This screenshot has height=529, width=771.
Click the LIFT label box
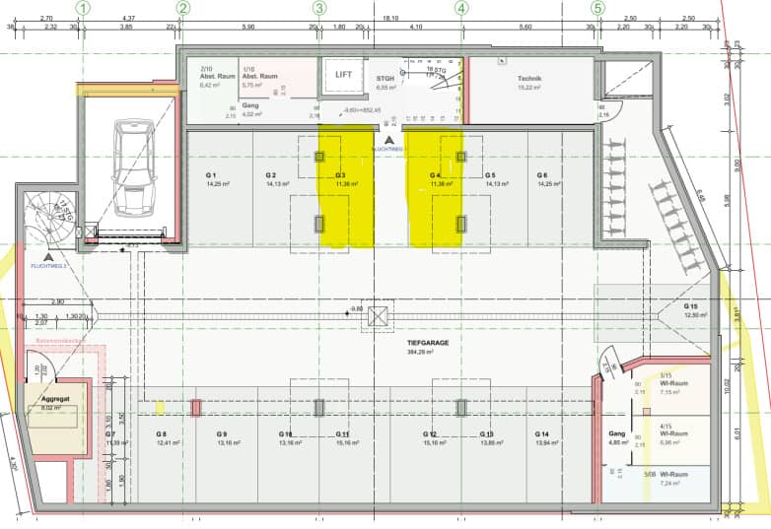pos(343,75)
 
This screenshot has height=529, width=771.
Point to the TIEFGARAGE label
pos(428,343)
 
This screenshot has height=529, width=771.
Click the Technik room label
pos(530,78)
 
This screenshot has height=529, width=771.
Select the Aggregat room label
pos(56,398)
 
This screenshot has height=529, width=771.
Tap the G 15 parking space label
pos(691,306)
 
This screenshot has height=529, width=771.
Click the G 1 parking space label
pos(211,175)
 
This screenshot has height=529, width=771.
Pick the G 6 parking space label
pos(542,175)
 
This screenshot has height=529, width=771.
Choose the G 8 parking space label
pos(161,433)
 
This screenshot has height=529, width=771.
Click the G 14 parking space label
pos(541,433)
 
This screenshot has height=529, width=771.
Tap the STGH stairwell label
pos(385,78)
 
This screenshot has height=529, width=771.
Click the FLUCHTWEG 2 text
pos(48,266)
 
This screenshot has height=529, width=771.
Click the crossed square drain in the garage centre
pos(379,316)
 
